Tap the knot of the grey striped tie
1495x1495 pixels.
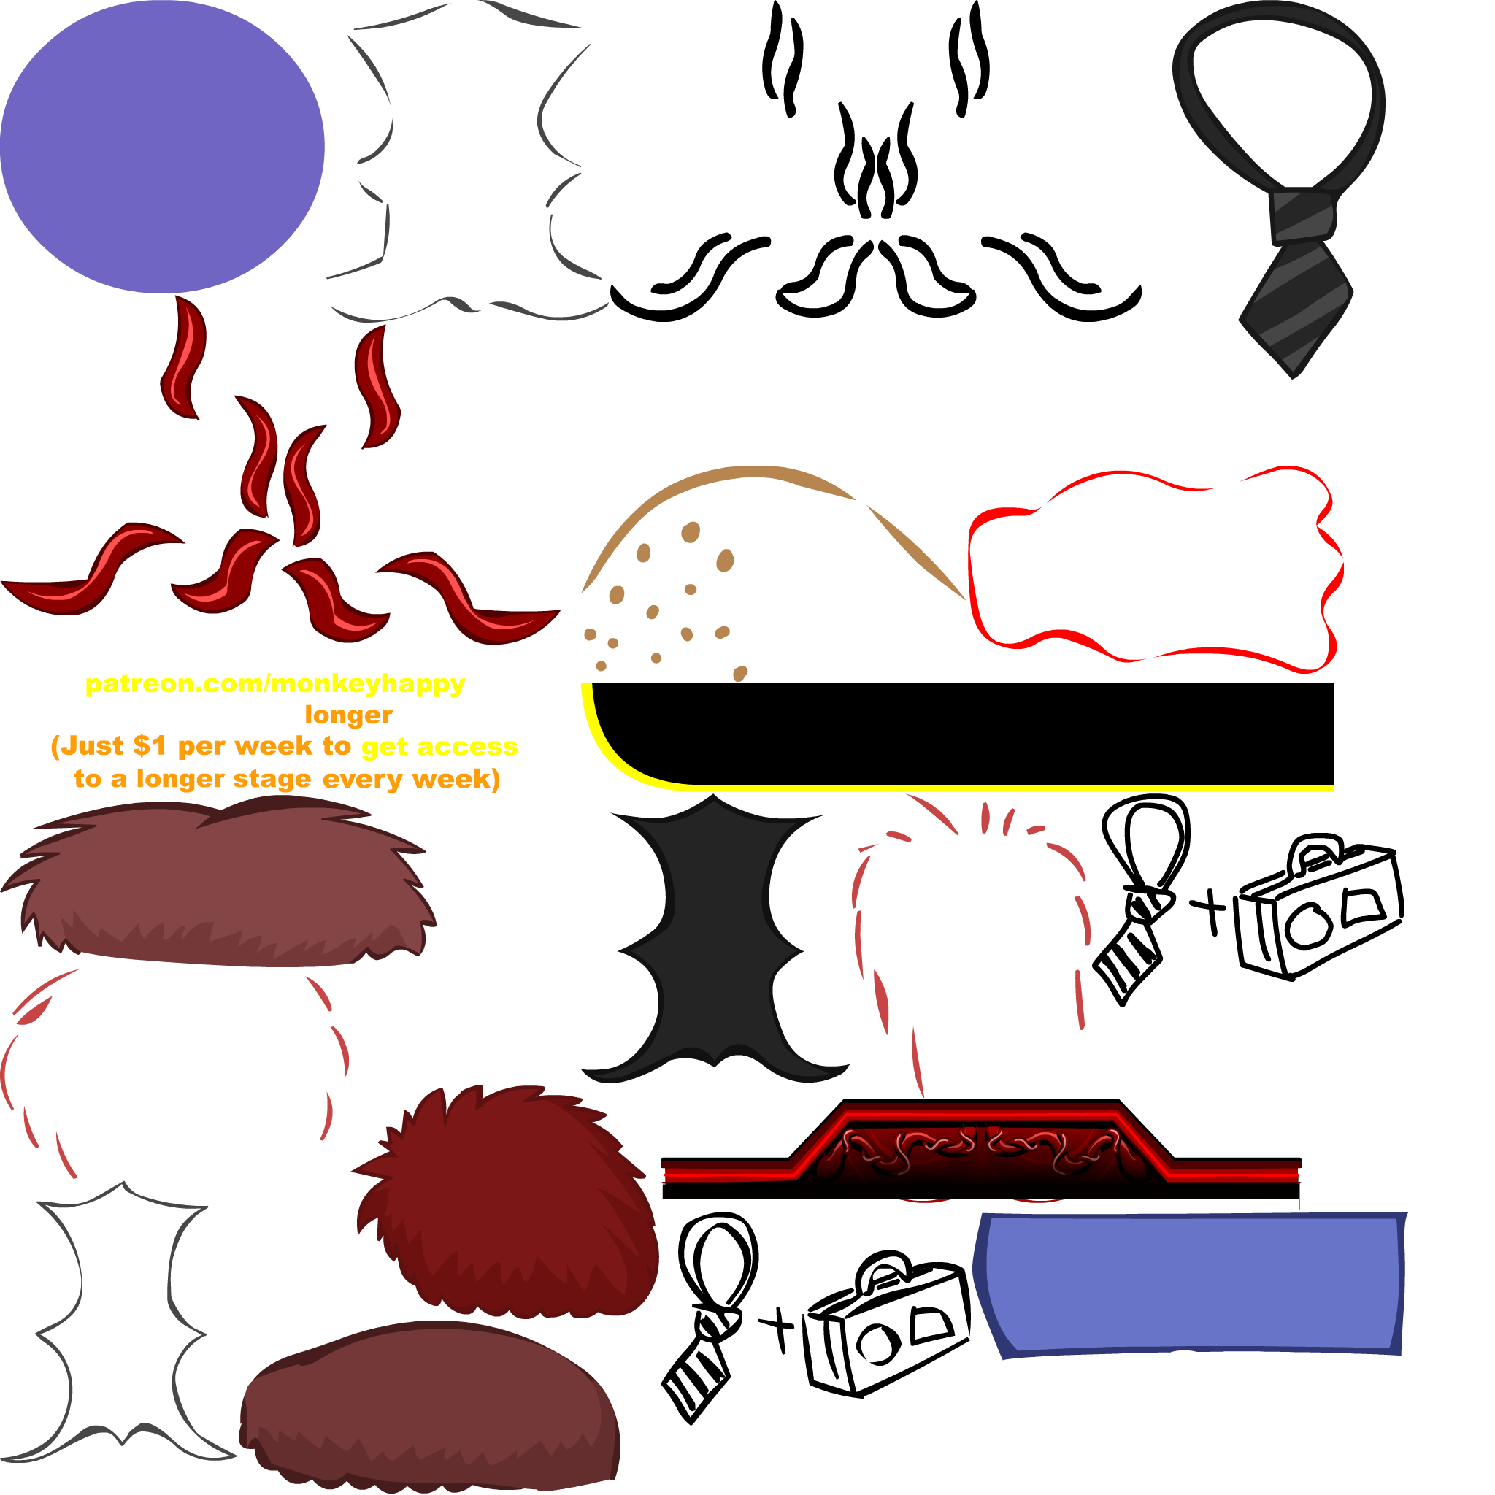[x=1302, y=216]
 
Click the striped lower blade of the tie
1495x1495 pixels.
[x=1296, y=301]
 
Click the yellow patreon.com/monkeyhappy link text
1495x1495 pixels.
[x=274, y=684]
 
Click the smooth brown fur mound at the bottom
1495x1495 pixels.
[x=429, y=1408]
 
